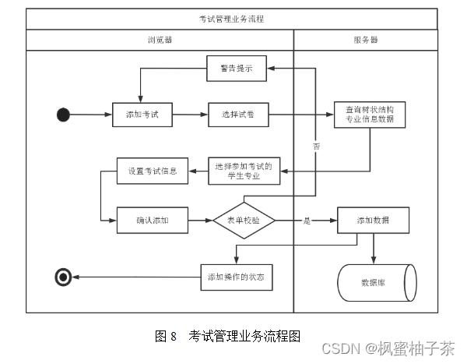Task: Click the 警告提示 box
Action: click(237, 69)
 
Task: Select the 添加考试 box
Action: click(142, 115)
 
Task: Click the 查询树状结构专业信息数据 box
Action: click(370, 115)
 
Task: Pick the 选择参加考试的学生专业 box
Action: click(244, 171)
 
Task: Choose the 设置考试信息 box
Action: click(153, 171)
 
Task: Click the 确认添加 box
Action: click(153, 221)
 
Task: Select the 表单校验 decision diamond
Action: click(244, 221)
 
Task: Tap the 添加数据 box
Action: click(373, 221)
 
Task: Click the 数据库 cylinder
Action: click(375, 282)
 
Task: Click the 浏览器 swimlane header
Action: click(160, 39)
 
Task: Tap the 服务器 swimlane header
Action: click(365, 39)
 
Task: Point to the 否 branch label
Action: click(316, 146)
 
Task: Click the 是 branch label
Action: click(307, 221)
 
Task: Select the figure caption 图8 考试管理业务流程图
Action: click(227, 336)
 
